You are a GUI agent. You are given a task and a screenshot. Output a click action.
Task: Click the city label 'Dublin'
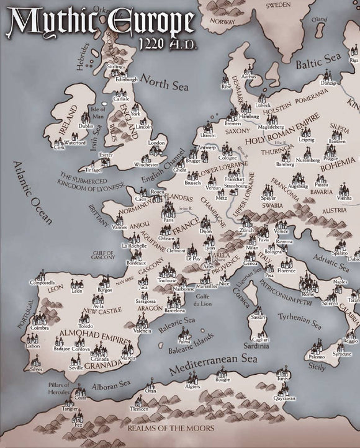[86, 126]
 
